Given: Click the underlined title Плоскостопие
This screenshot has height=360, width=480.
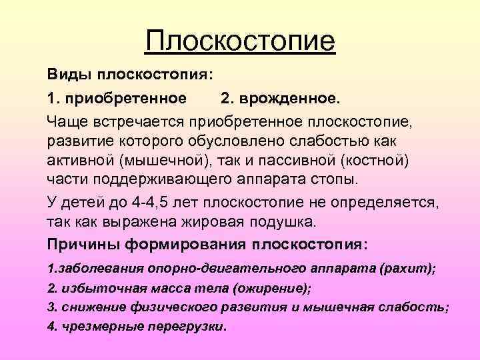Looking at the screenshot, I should [x=240, y=41].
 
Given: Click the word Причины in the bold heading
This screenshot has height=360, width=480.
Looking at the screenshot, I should [x=76, y=245].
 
